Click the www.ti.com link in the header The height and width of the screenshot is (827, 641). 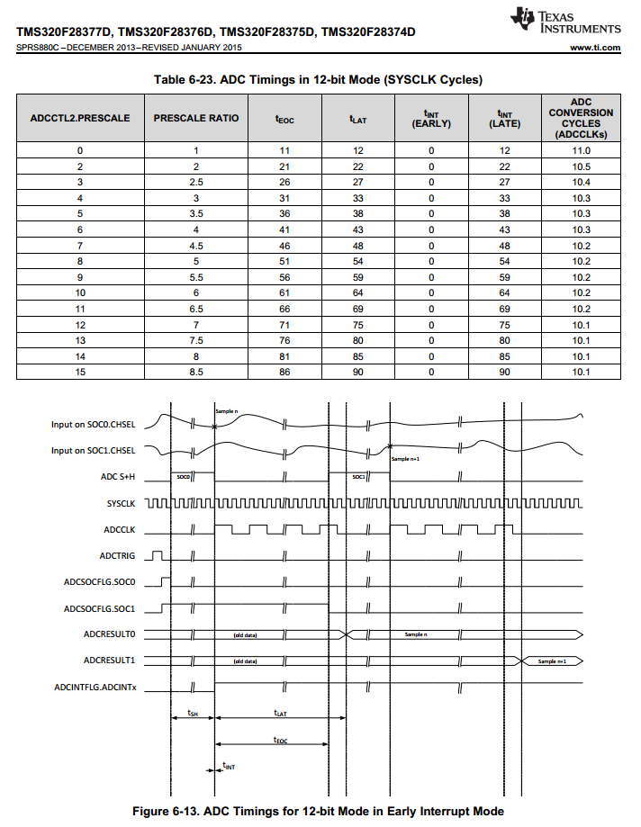coord(595,48)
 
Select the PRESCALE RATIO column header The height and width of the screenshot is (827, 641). coord(196,118)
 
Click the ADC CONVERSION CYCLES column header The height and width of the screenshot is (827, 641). coord(580,118)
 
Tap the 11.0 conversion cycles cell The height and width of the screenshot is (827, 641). coord(580,150)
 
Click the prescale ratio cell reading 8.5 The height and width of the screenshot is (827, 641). coord(196,373)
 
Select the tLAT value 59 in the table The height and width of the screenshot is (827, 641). coord(357,277)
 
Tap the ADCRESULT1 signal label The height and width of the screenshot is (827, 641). coord(109,661)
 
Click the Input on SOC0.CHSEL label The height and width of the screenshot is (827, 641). coord(93,425)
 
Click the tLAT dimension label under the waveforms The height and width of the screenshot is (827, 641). coord(280,712)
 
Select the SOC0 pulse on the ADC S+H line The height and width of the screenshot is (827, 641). coord(183,476)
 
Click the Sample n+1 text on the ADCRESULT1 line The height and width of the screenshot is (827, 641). coord(552,661)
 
